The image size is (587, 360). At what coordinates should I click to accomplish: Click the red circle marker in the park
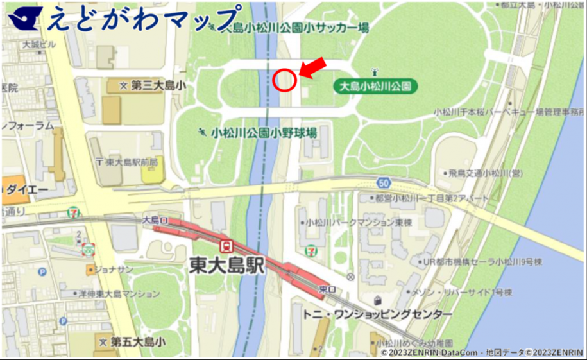coord(284,80)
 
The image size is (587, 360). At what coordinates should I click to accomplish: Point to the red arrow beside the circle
coord(312,69)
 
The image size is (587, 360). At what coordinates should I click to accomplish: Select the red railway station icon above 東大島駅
coord(226,246)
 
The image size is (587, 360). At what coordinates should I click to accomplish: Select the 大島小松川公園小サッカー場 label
coord(295,28)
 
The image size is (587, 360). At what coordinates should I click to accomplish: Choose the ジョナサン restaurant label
coord(111,270)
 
